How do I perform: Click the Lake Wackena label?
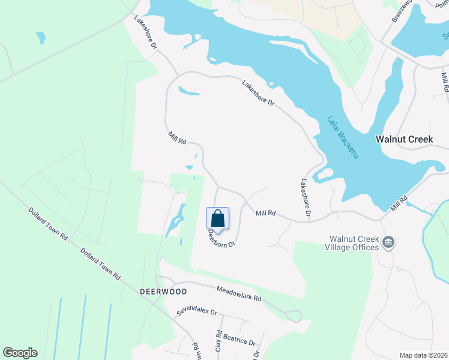click(x=343, y=137)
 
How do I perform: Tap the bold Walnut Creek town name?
click(x=404, y=139)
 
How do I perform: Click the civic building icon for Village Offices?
click(x=388, y=242)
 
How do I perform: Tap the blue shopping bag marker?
click(x=217, y=219)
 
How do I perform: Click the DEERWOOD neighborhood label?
click(x=163, y=291)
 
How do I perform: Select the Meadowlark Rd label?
click(x=239, y=293)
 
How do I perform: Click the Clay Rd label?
click(x=218, y=340)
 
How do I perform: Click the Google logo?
click(x=20, y=353)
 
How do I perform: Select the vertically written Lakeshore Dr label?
click(x=306, y=197)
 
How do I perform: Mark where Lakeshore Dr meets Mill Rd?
click(x=309, y=220)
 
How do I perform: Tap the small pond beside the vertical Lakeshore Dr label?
click(x=323, y=175)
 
